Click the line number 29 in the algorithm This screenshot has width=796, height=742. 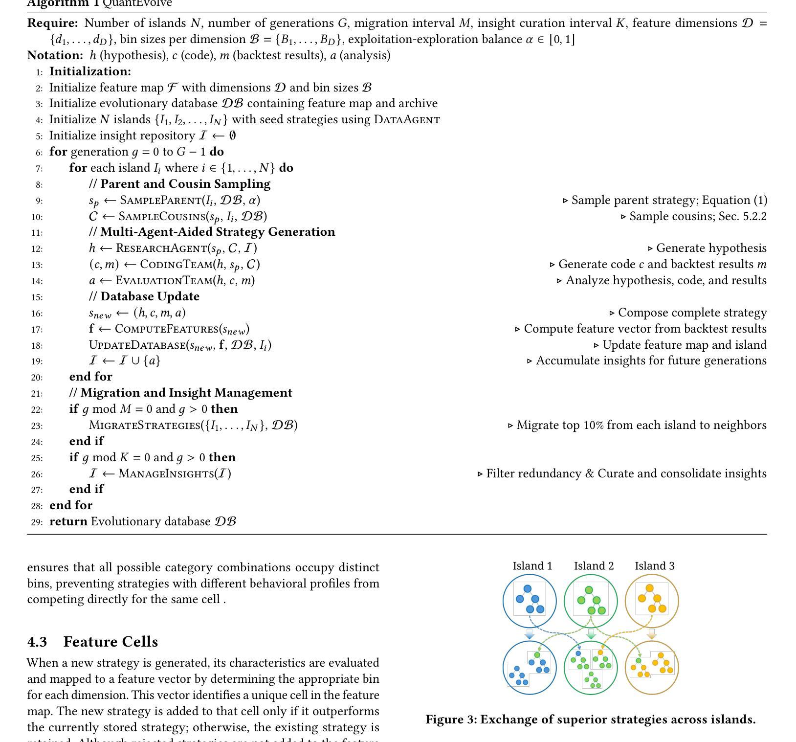[x=37, y=522]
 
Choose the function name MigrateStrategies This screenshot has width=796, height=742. [x=145, y=426]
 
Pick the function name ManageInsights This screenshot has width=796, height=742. [x=166, y=474]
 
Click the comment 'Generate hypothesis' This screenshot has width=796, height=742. [x=711, y=248]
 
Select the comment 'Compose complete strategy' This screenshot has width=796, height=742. [x=692, y=313]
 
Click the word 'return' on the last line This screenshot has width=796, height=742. [x=68, y=522]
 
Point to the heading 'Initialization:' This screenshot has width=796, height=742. [x=90, y=71]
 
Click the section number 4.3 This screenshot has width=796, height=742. [x=37, y=642]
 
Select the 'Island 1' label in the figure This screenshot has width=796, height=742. [x=532, y=566]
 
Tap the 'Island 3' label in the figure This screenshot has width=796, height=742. [x=655, y=566]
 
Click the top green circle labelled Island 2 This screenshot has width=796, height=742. [x=591, y=601]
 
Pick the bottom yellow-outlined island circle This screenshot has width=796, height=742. [x=652, y=668]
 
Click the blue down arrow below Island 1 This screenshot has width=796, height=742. [x=530, y=634]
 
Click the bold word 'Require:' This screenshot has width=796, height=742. [x=52, y=23]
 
